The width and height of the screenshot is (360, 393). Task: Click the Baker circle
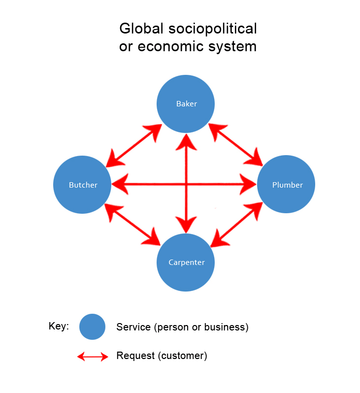click(x=186, y=103)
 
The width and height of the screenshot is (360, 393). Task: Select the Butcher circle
click(x=82, y=185)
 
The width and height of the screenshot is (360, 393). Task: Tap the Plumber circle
click(x=286, y=184)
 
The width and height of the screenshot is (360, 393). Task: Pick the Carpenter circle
click(x=186, y=262)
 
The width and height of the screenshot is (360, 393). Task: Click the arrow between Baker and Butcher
click(x=134, y=144)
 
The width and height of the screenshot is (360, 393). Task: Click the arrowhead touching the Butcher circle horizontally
click(x=118, y=185)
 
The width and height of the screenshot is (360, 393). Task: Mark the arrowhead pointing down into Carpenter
click(x=186, y=227)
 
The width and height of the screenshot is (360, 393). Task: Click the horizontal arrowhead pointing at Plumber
click(x=250, y=185)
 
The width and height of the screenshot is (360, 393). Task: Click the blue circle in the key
click(x=92, y=327)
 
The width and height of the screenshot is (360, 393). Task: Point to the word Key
click(x=58, y=327)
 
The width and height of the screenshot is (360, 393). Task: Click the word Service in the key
click(x=133, y=327)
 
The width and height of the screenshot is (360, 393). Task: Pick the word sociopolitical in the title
click(x=213, y=29)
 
